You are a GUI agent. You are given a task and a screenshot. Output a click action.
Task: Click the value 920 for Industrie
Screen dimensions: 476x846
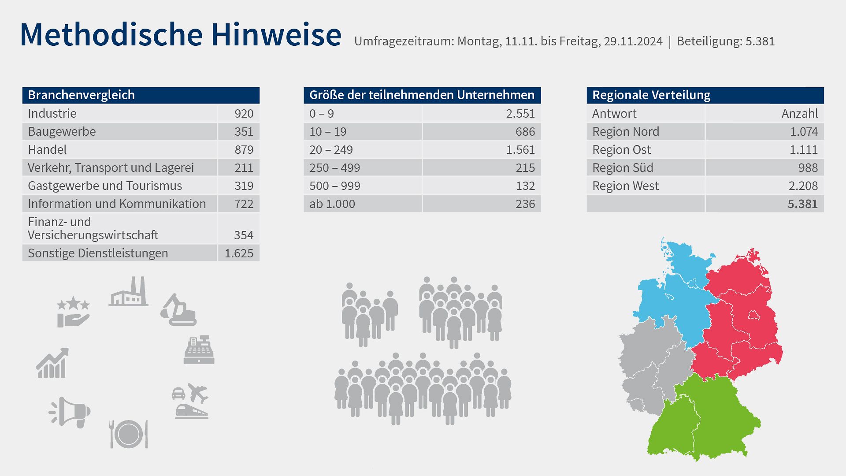[x=244, y=114]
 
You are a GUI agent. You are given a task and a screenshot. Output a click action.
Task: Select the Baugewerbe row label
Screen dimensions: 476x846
[x=62, y=132]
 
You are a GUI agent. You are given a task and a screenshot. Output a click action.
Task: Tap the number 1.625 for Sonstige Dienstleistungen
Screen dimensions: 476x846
[x=239, y=253]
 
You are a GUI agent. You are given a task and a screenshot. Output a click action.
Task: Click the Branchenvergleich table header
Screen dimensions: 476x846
[x=82, y=95]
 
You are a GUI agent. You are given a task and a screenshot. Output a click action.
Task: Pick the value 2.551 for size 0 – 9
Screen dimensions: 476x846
[x=520, y=114]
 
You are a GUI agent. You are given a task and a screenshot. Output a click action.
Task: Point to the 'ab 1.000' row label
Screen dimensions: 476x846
[x=332, y=204]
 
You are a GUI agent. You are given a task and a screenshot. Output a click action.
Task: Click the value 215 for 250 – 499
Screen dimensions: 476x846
[x=525, y=168]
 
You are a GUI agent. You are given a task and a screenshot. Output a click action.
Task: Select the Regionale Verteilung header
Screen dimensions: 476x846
[x=651, y=95]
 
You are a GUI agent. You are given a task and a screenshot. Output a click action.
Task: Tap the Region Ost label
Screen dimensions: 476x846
[x=621, y=150]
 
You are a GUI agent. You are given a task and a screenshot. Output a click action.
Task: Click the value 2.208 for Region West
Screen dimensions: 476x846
[x=803, y=186]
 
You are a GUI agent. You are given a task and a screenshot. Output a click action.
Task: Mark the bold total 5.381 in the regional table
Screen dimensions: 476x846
[x=802, y=204]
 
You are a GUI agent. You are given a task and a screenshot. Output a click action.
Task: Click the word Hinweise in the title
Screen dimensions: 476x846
[x=276, y=34]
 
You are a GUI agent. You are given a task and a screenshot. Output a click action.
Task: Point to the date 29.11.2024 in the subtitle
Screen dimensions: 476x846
[x=633, y=41]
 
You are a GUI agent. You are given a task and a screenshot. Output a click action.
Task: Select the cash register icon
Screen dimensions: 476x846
[x=199, y=350]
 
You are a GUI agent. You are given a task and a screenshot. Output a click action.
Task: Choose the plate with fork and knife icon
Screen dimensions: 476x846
[x=128, y=434]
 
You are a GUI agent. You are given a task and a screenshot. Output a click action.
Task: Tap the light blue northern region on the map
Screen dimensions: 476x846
[x=674, y=300]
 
